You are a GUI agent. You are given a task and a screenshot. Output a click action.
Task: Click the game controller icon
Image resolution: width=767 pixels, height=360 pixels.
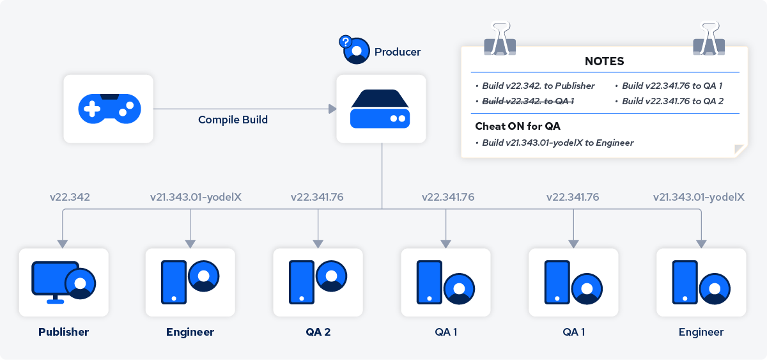pos(109,108)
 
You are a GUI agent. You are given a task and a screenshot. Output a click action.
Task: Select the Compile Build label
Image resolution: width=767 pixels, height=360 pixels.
pos(233,120)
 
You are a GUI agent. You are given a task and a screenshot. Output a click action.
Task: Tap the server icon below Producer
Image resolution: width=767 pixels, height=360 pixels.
pos(382,108)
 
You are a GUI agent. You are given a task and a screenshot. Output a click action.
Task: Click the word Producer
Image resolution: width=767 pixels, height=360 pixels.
pos(398,52)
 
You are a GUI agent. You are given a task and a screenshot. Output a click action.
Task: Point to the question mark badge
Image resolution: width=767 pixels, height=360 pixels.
pos(346,43)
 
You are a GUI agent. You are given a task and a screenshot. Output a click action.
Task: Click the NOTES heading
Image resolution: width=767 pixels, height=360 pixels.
pos(604,61)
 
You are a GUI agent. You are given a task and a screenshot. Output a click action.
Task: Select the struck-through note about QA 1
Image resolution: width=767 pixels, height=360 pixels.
pos(527,100)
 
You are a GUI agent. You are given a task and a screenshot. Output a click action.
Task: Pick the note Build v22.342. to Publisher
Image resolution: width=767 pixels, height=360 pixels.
pos(538,86)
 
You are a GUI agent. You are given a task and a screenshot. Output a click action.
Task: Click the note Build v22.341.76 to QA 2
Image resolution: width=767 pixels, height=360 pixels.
pos(672,100)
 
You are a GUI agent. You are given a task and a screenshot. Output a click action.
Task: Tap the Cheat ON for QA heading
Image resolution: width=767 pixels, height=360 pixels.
pos(518,126)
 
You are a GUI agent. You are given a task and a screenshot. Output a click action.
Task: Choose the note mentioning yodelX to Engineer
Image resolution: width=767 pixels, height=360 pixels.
pos(557,143)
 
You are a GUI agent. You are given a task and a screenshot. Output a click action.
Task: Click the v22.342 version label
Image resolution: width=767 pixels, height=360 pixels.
pos(70,197)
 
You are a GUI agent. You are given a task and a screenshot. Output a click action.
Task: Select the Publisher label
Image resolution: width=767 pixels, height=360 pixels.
pos(63,332)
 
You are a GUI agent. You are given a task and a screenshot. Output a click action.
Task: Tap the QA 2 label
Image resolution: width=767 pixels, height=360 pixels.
pos(318,332)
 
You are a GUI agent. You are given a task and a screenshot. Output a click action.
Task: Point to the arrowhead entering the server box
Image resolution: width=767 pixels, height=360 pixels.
pos(332,109)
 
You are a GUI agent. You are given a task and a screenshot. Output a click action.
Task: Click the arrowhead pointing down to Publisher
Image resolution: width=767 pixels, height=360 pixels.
pos(62,244)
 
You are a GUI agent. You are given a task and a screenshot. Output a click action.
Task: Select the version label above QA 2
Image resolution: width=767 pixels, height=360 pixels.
pos(317,197)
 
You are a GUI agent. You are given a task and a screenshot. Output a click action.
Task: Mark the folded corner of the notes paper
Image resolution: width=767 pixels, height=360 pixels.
pos(741,151)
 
